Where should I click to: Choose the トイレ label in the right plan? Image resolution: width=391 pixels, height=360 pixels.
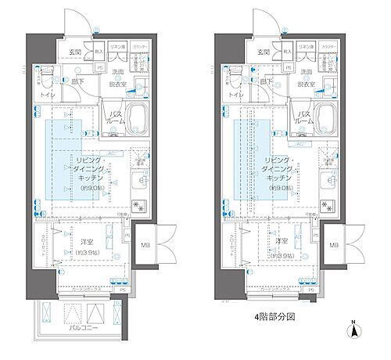coord(233,95)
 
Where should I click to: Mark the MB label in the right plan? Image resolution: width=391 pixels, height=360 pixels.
coord(334,246)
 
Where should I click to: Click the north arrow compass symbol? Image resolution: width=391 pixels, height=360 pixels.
coord(355,332)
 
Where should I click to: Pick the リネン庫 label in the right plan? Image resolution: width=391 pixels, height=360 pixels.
coord(308,47)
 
